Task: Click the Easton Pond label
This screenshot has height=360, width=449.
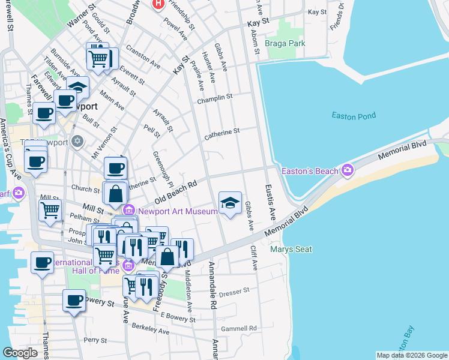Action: (354, 116)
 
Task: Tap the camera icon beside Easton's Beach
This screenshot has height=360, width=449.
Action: (348, 171)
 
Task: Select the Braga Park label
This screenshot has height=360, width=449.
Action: (286, 43)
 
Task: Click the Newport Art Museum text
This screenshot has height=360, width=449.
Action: (178, 211)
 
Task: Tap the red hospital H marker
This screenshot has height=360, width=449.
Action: (158, 4)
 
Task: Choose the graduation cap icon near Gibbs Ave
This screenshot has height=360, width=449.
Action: (230, 203)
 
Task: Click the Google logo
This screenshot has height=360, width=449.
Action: (20, 353)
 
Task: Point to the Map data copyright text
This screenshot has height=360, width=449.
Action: (411, 355)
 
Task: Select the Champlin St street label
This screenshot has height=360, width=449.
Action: (214, 98)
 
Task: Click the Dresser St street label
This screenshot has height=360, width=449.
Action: (234, 292)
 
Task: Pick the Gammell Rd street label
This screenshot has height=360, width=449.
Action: (238, 328)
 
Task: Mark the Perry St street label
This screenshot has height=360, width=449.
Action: (95, 340)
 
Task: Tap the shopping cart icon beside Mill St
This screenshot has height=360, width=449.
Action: (50, 210)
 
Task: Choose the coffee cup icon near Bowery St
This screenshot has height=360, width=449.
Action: (74, 300)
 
